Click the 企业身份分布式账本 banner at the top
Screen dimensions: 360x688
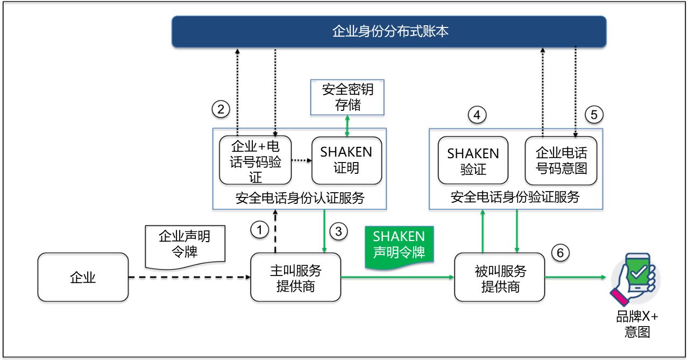(x=389, y=32)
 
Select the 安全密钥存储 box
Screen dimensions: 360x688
(x=347, y=97)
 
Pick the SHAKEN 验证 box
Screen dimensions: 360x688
(x=473, y=161)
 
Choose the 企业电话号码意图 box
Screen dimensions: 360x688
(x=561, y=161)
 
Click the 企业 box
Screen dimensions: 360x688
(x=83, y=277)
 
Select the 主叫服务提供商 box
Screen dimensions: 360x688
(x=295, y=277)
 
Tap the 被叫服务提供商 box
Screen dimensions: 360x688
(x=500, y=277)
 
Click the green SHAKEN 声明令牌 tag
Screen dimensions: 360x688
(x=399, y=245)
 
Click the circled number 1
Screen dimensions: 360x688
(x=259, y=230)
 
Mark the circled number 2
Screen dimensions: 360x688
(x=220, y=110)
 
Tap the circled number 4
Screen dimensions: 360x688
(x=477, y=115)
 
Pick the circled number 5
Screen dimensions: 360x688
(x=594, y=115)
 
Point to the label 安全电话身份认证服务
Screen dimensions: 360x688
(x=300, y=198)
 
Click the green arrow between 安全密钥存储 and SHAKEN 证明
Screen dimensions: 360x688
(x=347, y=125)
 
